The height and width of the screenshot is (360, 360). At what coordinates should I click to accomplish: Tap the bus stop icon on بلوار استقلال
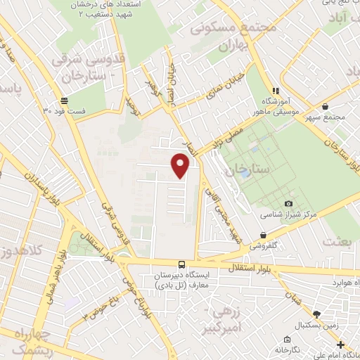[182, 263]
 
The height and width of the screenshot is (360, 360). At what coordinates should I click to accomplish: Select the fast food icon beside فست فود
[65, 101]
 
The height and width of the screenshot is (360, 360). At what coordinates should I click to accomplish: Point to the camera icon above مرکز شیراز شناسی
[269, 204]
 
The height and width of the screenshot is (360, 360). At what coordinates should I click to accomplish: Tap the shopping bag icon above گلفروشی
[263, 236]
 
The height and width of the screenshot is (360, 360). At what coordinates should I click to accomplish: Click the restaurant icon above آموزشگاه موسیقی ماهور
[276, 90]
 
